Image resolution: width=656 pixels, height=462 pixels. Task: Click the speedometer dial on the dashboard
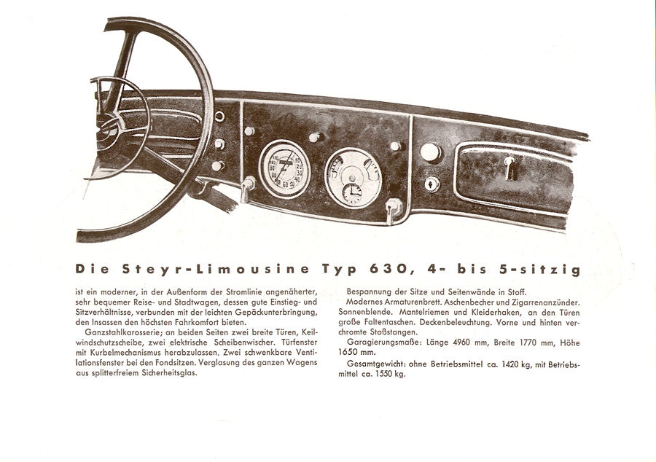click(x=284, y=169)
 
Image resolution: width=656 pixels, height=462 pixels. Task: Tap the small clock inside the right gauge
click(x=352, y=193)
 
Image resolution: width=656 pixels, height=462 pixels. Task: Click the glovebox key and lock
click(x=511, y=168)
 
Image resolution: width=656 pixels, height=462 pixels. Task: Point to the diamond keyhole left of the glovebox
click(x=432, y=184)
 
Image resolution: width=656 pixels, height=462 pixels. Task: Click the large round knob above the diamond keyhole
click(x=431, y=152)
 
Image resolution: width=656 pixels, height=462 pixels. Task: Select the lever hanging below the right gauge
click(x=392, y=211)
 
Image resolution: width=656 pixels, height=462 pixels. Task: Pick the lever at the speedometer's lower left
click(x=247, y=189)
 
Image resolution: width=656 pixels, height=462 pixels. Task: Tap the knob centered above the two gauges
click(x=316, y=137)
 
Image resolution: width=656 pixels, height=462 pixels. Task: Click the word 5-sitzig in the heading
click(x=540, y=270)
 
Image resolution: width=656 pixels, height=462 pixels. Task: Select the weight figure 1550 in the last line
click(x=384, y=375)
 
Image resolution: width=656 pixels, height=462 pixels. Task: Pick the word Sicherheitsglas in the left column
click(x=169, y=372)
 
